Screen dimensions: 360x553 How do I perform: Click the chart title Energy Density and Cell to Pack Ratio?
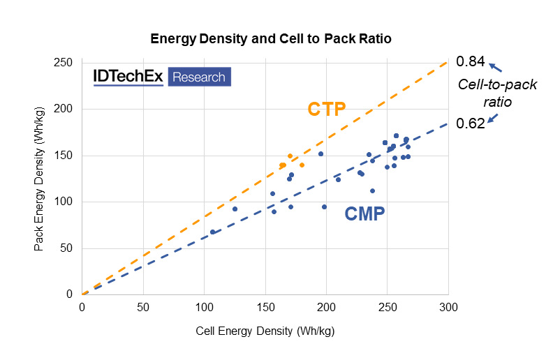pos(271,39)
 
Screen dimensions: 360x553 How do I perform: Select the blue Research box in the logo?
pos(199,77)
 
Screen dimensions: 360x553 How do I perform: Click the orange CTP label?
pos(327,110)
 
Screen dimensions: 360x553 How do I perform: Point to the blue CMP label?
pos(364,213)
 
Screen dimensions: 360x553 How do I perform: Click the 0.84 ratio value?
pos(470,62)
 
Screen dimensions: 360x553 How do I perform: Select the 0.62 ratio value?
pos(470,123)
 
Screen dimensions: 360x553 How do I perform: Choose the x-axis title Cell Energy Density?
pos(265,330)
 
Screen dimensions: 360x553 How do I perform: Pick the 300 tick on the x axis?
pos(448,307)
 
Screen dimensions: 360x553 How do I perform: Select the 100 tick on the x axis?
pos(204,307)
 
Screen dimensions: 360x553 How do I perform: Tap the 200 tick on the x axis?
pos(326,307)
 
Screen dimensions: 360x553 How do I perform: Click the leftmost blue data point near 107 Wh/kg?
pos(212,232)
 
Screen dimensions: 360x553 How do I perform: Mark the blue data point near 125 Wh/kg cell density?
pos(235,209)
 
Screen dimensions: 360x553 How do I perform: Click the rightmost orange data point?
pos(302,165)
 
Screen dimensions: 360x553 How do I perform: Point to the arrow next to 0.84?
pos(495,68)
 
